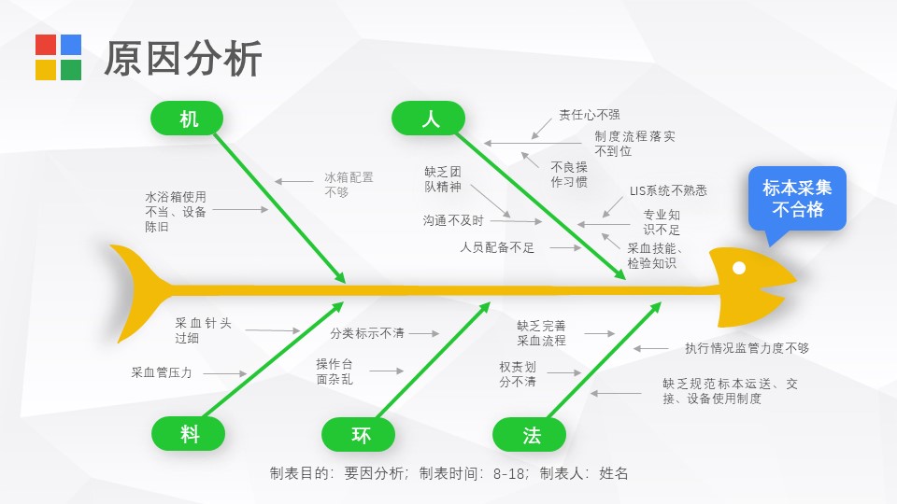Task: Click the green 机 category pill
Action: point(187,119)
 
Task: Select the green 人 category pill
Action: point(429,119)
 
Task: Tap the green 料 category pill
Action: point(188,434)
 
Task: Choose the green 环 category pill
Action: point(359,435)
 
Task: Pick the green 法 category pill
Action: point(529,435)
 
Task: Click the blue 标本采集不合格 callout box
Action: point(797,198)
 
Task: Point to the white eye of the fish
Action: point(739,268)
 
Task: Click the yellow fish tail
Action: point(137,291)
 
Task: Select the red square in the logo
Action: point(46,45)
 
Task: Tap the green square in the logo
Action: point(71,70)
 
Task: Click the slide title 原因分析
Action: point(183,58)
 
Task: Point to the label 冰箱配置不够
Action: point(349,185)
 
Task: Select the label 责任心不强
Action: point(590,115)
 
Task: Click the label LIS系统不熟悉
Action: point(668,190)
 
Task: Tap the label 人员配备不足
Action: point(497,247)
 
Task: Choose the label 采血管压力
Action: point(162,372)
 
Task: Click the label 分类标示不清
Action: point(366,333)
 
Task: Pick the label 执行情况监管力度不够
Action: point(747,348)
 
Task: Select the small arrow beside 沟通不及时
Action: point(516,221)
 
